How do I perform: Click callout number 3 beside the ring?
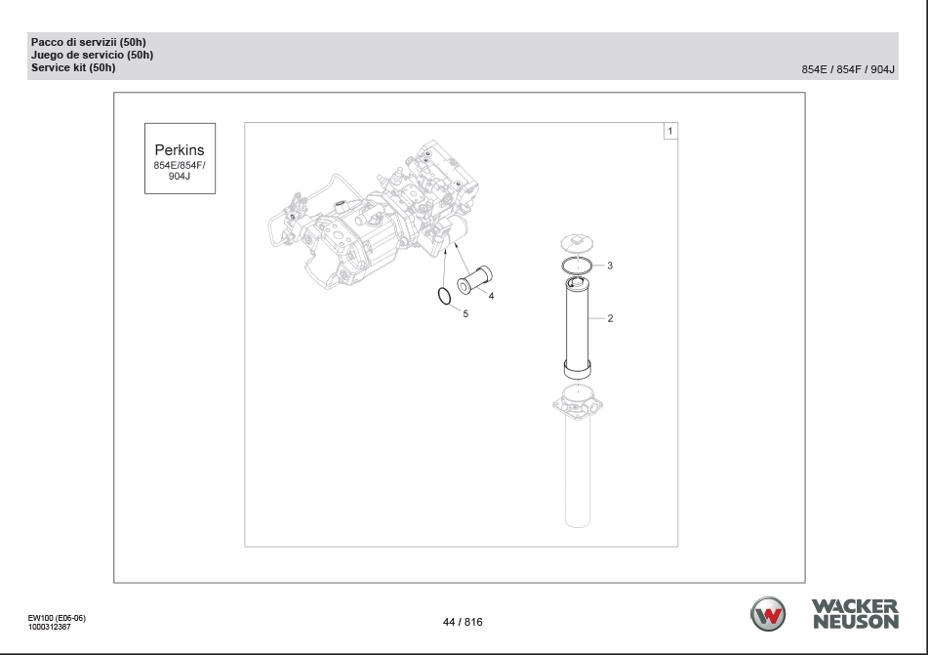[610, 266]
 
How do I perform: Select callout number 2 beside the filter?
[610, 318]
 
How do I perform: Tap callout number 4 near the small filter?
[491, 296]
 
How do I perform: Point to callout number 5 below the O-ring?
[465, 314]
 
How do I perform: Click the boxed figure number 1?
[670, 131]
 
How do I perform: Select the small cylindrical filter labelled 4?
[474, 279]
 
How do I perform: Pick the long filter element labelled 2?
[577, 328]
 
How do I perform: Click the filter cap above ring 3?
[577, 243]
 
